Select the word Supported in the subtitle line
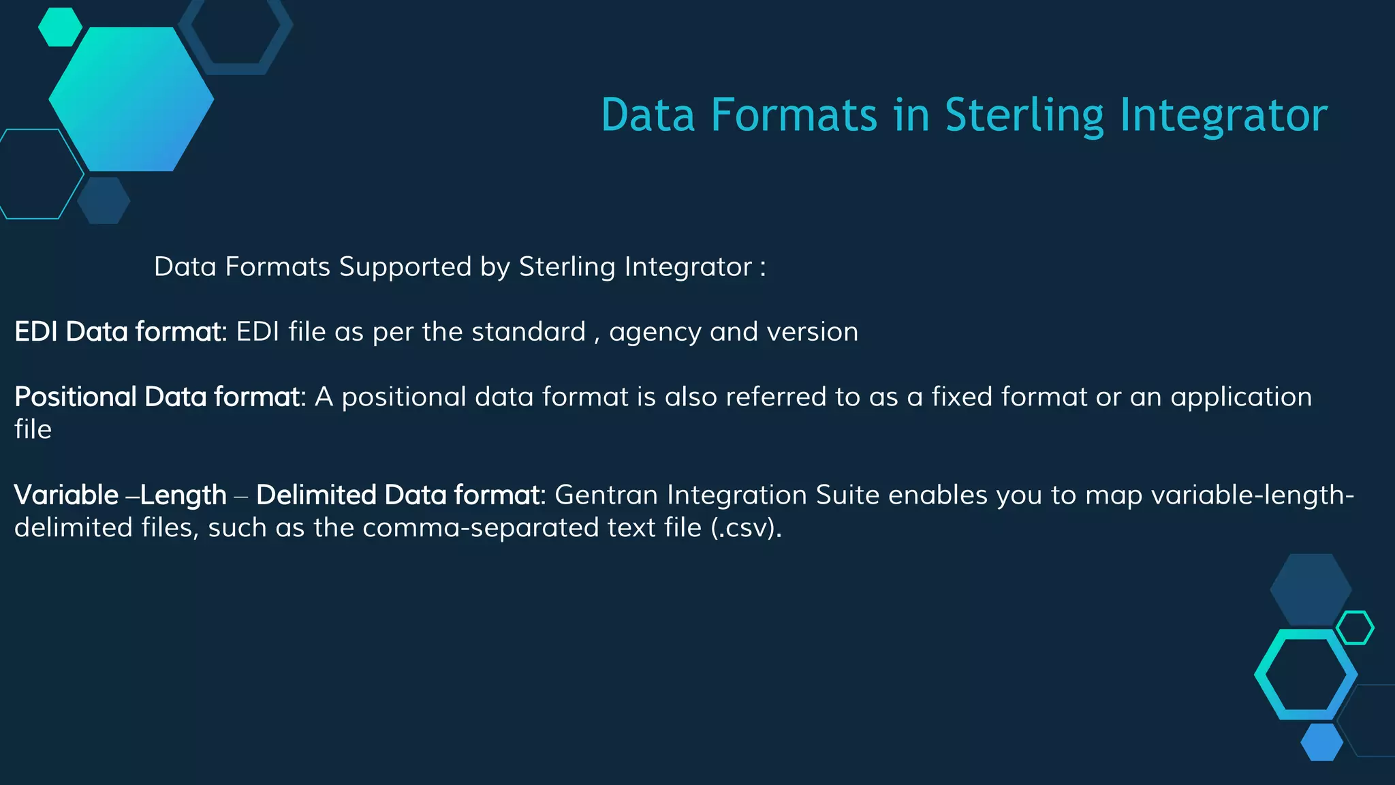(405, 266)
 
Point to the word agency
(655, 333)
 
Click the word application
(1241, 397)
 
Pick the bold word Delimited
(315, 495)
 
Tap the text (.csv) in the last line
(746, 527)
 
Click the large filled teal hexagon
(131, 99)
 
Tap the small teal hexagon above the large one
(60, 27)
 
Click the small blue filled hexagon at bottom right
(1321, 742)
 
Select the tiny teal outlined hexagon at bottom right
(1355, 628)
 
